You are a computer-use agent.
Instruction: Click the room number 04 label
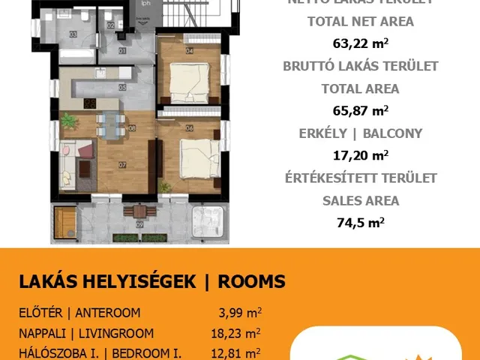[x=189, y=51]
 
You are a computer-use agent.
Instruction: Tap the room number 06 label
[x=189, y=128]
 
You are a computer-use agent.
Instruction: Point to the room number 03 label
[x=73, y=34]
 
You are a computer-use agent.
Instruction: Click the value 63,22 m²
[x=361, y=43]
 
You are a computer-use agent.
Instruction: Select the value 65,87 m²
[x=361, y=111]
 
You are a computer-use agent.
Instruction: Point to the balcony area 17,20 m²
[x=361, y=156]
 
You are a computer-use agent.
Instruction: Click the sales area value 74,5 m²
[x=361, y=223]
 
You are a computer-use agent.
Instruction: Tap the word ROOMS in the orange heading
[x=251, y=282]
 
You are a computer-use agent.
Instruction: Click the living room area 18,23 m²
[x=236, y=334]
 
